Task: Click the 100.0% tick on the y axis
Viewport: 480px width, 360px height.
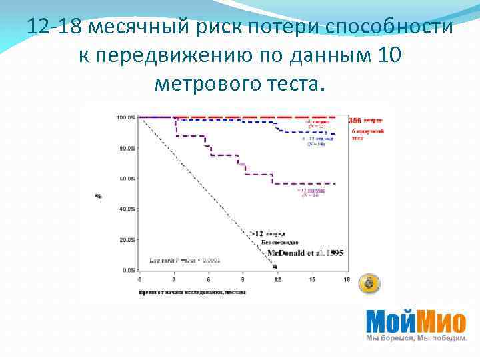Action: tap(126, 117)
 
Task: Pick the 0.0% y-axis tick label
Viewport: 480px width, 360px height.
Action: tap(129, 271)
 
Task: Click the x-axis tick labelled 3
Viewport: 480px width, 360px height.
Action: tap(173, 280)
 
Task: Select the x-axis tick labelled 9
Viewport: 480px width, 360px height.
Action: tap(242, 280)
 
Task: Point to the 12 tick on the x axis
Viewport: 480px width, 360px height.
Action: tap(277, 280)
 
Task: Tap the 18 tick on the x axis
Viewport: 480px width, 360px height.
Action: tap(346, 280)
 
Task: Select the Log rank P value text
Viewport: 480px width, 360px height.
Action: tap(183, 259)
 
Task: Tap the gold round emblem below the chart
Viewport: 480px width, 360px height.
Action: tap(371, 284)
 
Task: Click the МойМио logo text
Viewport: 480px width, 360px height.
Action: tap(415, 323)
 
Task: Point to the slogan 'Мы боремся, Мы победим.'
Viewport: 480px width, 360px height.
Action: tap(416, 339)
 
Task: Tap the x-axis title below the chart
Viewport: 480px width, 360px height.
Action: tap(193, 292)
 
